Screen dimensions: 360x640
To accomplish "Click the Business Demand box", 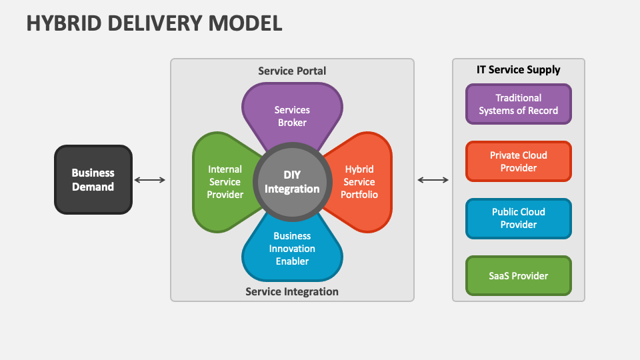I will pyautogui.click(x=93, y=180).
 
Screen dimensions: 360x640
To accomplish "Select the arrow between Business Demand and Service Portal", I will pyautogui.click(x=150, y=180).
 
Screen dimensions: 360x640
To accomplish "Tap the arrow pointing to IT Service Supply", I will pyautogui.click(x=433, y=180).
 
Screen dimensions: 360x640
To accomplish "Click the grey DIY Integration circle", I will pyautogui.click(x=292, y=182).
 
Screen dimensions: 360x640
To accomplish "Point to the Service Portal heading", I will pyautogui.click(x=292, y=71).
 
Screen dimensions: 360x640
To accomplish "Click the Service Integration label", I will pyautogui.click(x=292, y=291).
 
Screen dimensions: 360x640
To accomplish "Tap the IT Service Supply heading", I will pyautogui.click(x=519, y=69).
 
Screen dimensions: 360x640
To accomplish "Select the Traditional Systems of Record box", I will pyautogui.click(x=519, y=104).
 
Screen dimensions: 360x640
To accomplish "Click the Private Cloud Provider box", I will pyautogui.click(x=519, y=161).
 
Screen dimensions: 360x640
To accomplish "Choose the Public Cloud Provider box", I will pyautogui.click(x=519, y=218).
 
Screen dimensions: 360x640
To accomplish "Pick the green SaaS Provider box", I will pyautogui.click(x=519, y=275).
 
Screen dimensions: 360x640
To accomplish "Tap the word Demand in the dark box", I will pyautogui.click(x=93, y=187).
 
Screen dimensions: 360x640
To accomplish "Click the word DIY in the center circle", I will pyautogui.click(x=292, y=175).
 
